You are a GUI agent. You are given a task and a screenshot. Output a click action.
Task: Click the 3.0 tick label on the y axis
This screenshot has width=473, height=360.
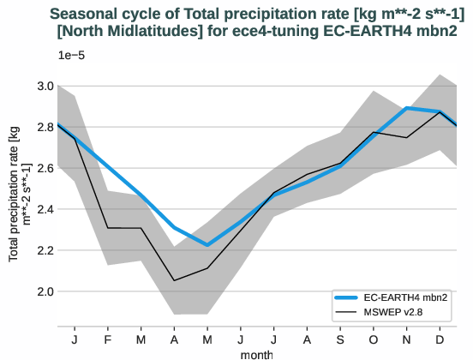coord(45,86)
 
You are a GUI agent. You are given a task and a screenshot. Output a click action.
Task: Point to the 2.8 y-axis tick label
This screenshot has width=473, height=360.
coord(45,127)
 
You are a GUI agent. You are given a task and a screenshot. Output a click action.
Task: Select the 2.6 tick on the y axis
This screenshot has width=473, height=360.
coord(45,168)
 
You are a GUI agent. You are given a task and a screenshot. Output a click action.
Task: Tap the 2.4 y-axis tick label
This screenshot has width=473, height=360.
coord(45,209)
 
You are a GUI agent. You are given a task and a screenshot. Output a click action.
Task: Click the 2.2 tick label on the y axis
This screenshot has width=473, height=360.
coord(45,250)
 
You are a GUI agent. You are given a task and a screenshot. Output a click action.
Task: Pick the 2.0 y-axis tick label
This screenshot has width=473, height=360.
coord(45,291)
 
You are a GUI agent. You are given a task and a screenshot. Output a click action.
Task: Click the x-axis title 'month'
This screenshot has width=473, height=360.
coord(257,352)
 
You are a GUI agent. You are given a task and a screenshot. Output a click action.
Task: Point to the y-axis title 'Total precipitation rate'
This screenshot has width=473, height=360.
coord(19,197)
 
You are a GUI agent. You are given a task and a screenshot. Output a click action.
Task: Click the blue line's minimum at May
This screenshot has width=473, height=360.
coord(207,245)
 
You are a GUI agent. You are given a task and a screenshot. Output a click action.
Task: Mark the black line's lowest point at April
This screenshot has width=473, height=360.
coord(174,280)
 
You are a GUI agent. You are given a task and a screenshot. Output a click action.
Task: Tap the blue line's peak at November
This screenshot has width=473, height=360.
coord(406,108)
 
